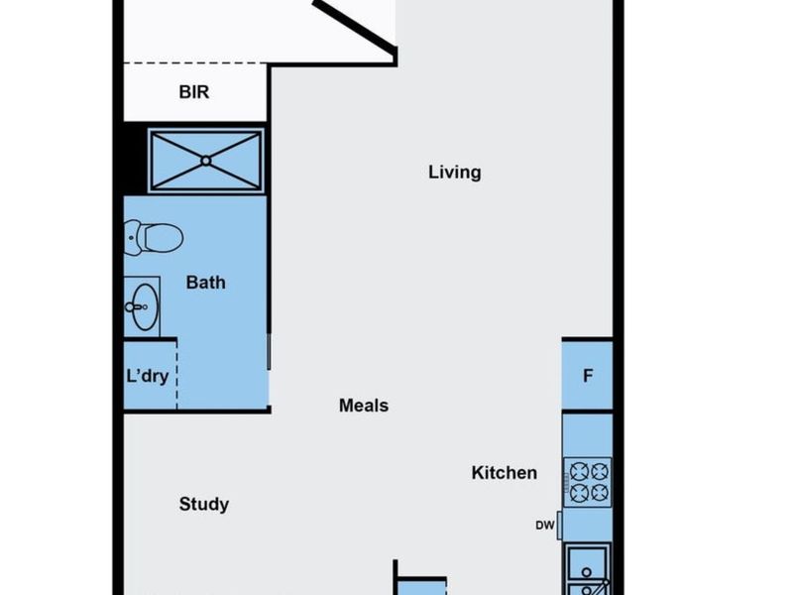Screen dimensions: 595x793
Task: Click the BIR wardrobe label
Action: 194,92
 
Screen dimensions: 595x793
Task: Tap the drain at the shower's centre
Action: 205,159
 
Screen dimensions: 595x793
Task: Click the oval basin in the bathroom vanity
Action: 144,305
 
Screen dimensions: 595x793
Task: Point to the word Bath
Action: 205,283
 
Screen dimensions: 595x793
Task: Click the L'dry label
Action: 147,376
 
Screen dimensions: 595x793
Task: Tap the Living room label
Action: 454,173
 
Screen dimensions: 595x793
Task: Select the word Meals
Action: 363,406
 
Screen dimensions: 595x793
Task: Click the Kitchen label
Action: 504,473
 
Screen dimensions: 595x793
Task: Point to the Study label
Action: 203,504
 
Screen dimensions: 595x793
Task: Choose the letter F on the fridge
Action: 588,376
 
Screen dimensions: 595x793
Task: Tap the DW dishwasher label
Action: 544,527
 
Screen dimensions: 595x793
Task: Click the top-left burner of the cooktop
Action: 576,471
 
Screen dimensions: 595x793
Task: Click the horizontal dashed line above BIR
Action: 194,64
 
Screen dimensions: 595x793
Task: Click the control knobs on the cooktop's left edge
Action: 566,482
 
